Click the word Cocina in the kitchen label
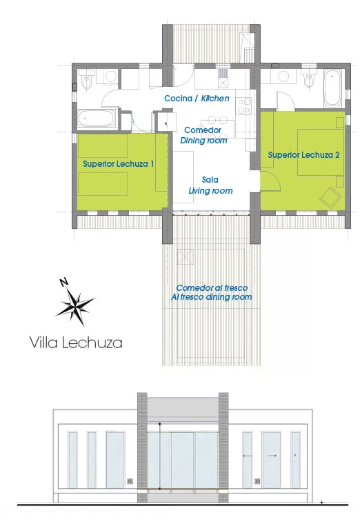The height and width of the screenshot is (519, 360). (178, 99)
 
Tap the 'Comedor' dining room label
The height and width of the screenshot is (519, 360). (203, 130)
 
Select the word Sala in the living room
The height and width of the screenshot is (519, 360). (210, 180)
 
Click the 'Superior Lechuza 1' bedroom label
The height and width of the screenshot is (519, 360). (118, 164)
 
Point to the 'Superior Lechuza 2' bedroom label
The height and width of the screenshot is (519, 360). (303, 155)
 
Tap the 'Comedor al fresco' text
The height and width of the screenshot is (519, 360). (212, 288)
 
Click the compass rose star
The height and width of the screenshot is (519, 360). (75, 305)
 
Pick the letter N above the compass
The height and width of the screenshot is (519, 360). (64, 283)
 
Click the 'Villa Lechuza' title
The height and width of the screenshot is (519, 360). (76, 343)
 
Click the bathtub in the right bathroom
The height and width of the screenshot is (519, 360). (332, 87)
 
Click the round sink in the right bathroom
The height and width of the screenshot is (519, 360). (283, 77)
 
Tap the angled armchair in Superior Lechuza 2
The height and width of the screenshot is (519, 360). (330, 197)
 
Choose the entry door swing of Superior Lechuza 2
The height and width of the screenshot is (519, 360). (270, 181)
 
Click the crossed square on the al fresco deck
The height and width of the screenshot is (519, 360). (186, 256)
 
